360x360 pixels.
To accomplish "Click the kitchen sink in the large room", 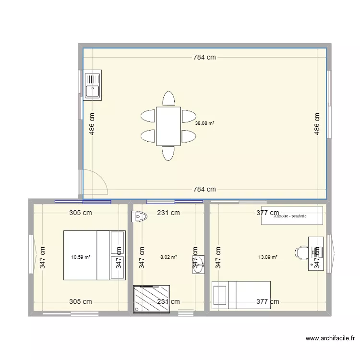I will (x=93, y=85).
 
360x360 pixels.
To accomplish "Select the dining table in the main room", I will (x=168, y=125).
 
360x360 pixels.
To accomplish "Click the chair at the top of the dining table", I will (x=168, y=98).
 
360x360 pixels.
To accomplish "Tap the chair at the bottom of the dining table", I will (x=168, y=153).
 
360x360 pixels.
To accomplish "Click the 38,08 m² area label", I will (x=204, y=123).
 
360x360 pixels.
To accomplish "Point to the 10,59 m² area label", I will (x=81, y=257).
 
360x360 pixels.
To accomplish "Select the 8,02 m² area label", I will (x=168, y=257).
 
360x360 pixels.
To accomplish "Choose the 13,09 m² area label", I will (x=268, y=257).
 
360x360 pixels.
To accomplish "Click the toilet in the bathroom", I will (x=139, y=217).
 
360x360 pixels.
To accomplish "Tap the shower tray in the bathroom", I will (x=152, y=299).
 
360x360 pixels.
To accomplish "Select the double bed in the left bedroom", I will (x=94, y=255).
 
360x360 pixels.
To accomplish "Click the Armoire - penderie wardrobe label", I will (x=292, y=216).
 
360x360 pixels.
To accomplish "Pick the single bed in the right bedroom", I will (x=241, y=295).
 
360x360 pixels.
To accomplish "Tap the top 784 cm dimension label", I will (x=204, y=58).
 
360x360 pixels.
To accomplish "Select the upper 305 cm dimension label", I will (x=81, y=213).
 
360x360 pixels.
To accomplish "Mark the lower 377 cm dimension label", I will (x=267, y=302).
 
